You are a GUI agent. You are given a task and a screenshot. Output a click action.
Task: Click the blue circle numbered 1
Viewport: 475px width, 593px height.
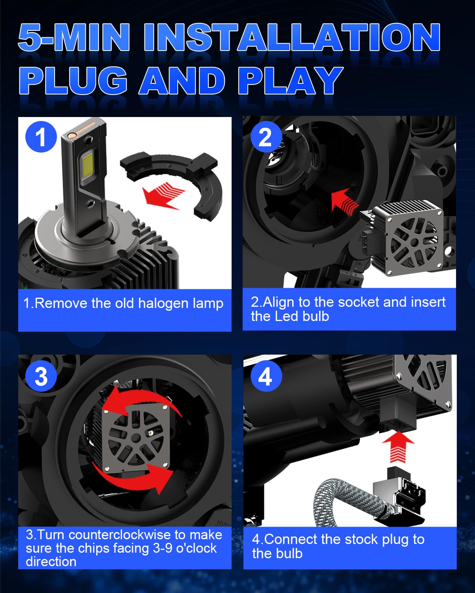pos(41,137)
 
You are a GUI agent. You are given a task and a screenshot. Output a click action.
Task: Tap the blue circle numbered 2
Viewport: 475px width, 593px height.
pos(266,137)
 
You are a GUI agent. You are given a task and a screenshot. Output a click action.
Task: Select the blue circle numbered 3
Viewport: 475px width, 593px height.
pos(41,376)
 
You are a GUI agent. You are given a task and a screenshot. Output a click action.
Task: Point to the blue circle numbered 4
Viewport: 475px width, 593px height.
pos(266,376)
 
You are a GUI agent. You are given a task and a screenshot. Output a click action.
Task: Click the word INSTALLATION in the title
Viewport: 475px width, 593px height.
pos(292,37)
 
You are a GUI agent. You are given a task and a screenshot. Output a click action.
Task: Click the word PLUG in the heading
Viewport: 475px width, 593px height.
pos(73,81)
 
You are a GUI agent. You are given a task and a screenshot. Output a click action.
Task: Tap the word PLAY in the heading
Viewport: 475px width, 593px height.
pos(291,81)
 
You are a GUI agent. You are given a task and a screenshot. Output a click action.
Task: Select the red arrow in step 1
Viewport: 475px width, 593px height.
pos(163,195)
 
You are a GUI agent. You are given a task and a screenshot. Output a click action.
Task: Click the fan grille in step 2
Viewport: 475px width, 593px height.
pos(414,242)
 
